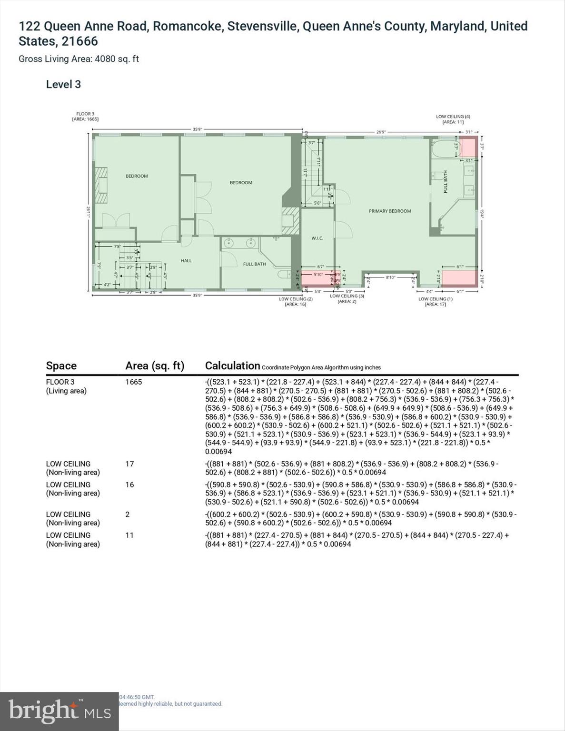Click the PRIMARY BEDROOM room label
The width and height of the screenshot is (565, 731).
point(389,211)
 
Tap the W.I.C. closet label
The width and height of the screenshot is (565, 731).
point(317,238)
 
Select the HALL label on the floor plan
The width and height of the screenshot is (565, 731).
point(186,260)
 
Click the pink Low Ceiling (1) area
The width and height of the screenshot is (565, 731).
point(459,277)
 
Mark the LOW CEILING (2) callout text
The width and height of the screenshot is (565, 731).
point(296,299)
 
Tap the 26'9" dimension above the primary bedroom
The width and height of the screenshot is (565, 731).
point(381,132)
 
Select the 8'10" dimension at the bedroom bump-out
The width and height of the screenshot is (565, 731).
point(390,277)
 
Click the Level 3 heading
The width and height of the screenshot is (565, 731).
point(63,85)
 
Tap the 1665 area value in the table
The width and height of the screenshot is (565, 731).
point(133,382)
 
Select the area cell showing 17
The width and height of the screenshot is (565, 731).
point(129,464)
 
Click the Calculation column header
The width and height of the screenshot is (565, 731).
point(232,365)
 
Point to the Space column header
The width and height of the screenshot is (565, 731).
point(61,365)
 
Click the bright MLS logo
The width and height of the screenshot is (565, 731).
point(59,711)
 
